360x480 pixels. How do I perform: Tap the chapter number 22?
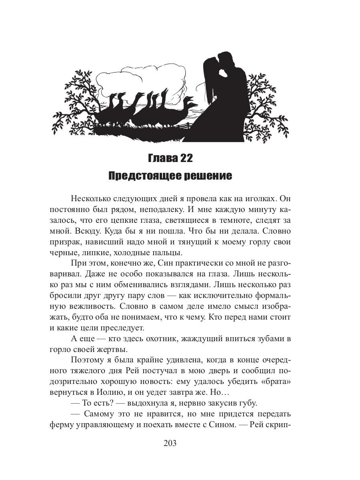point(186,158)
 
